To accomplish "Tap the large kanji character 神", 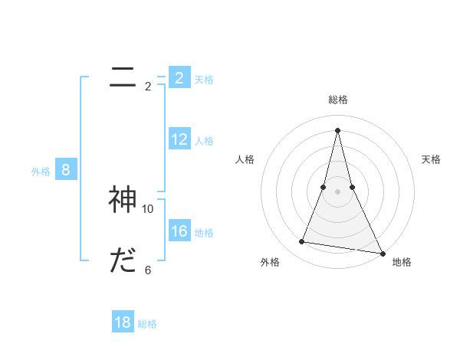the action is (123, 200).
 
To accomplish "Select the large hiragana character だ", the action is (123, 261).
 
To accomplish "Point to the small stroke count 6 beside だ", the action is (148, 270).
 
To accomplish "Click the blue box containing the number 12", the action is (179, 139).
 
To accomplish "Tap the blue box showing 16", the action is (179, 231).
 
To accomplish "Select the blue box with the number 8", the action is (65, 170).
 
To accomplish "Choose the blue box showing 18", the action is (123, 322).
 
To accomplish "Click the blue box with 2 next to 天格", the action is (179, 78).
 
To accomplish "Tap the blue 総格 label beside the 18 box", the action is (147, 324).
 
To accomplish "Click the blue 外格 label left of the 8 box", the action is (41, 172).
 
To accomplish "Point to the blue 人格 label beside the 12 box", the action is (204, 141).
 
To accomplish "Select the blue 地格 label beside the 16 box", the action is (204, 233).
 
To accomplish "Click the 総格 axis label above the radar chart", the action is (337, 100).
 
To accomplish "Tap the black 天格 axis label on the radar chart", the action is (431, 159).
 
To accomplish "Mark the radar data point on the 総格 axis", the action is (337, 129).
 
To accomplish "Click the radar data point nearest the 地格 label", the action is (381, 252).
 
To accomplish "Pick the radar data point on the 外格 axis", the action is (302, 242).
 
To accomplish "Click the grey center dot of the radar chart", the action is (337, 191).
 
